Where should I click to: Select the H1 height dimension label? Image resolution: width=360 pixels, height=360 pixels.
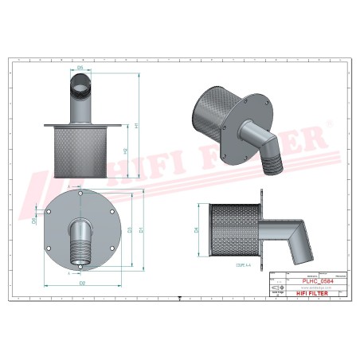136,127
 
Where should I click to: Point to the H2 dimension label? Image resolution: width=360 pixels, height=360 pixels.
126,151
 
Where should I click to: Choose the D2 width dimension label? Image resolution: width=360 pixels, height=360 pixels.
83,284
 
